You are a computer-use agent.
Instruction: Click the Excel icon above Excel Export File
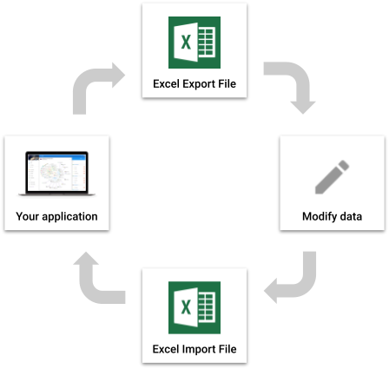194,43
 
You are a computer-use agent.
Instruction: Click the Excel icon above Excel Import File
194,307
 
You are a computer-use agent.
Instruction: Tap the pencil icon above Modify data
332,177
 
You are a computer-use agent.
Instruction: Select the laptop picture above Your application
56,174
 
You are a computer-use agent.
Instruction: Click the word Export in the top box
199,84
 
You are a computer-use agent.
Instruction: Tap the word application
69,216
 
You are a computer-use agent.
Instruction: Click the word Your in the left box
28,216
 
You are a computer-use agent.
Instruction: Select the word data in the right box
351,216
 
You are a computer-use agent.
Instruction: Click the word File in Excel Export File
227,83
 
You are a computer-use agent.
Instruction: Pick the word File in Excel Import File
227,349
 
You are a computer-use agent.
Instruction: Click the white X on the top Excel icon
186,43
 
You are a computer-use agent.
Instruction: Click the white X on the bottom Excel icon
186,307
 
